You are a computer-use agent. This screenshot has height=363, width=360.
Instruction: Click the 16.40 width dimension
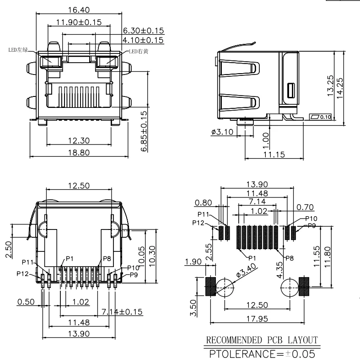[x=79, y=10]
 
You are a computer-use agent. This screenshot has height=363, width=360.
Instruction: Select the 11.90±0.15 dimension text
[x=79, y=22]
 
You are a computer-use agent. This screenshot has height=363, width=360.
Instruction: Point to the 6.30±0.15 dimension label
[x=143, y=31]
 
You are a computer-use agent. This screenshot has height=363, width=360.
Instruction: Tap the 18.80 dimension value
[x=79, y=153]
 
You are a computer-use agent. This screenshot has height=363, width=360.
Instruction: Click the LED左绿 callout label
[x=18, y=50]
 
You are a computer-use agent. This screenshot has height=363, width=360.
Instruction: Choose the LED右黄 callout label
[x=139, y=51]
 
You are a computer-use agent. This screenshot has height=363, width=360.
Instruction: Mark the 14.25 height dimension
[x=339, y=88]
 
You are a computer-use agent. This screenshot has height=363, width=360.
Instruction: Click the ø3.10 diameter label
[x=222, y=132]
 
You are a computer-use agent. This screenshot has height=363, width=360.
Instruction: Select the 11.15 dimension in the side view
[x=274, y=155]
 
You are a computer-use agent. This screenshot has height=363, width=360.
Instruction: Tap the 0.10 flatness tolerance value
[x=326, y=117]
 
